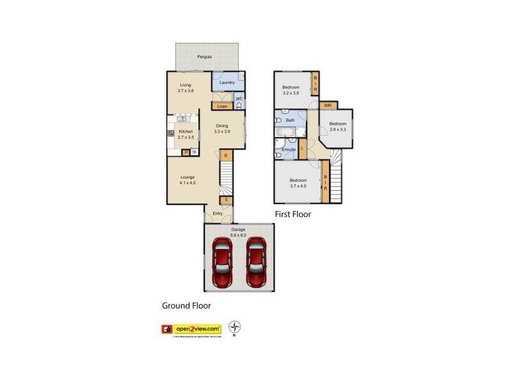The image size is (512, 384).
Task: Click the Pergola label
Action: [x=205, y=56]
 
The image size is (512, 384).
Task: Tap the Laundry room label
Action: [x=227, y=83]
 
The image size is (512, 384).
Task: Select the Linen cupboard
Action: [x=222, y=106]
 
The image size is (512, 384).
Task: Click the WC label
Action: [x=239, y=99]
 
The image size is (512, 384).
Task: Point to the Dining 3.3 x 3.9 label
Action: [x=222, y=129]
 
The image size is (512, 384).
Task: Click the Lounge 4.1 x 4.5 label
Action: [x=188, y=180]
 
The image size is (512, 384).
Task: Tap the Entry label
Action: [x=218, y=214]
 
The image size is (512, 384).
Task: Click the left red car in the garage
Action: [x=222, y=262]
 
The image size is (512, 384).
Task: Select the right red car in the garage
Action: [x=256, y=262]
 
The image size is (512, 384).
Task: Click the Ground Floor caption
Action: [x=186, y=306]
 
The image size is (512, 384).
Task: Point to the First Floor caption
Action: [x=292, y=214]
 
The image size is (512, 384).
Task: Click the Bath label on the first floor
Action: [x=290, y=120]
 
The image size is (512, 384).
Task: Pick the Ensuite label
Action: [x=289, y=150]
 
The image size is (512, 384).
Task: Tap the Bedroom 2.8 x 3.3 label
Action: [x=338, y=127]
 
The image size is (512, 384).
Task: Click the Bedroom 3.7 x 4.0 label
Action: [x=298, y=184]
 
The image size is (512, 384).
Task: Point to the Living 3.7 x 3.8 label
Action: [x=186, y=88]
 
